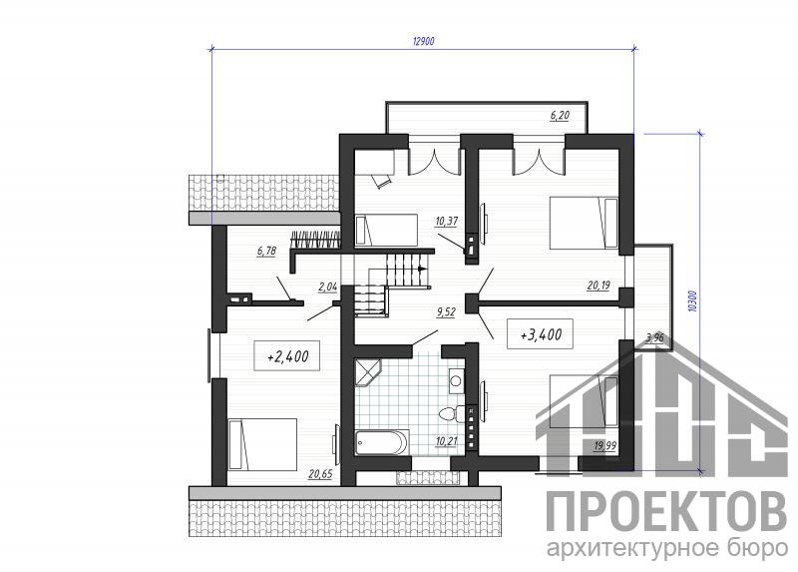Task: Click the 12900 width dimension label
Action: point(423,41)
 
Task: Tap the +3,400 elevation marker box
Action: point(541,334)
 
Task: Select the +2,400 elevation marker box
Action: point(287,355)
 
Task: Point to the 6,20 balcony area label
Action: point(560,115)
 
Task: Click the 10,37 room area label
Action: point(446,221)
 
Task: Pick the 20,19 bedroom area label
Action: point(598,286)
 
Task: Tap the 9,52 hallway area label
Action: point(446,311)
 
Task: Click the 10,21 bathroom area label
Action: point(446,441)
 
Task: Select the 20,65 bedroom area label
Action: point(320,474)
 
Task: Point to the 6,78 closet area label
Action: point(266,251)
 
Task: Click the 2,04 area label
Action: point(328,287)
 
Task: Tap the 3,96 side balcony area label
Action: point(654,336)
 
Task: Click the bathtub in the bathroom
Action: point(382,442)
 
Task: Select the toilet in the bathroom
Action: point(452,413)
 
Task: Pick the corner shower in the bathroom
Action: point(367,372)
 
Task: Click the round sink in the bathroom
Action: point(456,380)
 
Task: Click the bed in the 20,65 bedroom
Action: point(262,443)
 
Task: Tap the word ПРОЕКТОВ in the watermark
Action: point(666,510)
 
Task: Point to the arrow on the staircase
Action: point(420,268)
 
